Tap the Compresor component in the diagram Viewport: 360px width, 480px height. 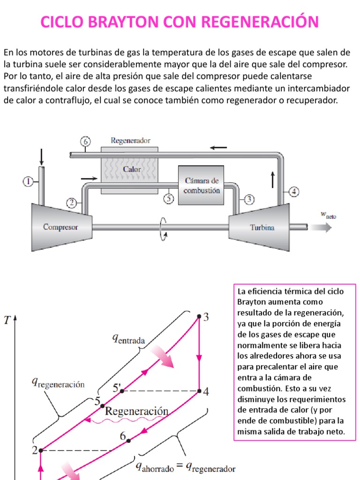click(x=60, y=227)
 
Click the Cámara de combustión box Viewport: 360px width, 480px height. click(x=202, y=186)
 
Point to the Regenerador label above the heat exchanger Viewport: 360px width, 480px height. click(x=130, y=140)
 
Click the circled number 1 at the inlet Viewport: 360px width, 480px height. click(x=28, y=181)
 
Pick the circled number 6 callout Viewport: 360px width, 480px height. click(x=85, y=142)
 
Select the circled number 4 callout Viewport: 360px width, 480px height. click(x=293, y=191)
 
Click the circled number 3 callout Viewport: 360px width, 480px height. click(x=249, y=200)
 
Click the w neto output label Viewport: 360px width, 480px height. click(x=328, y=215)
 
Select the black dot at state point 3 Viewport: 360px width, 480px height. click(x=199, y=317)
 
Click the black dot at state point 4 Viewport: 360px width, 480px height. click(x=199, y=390)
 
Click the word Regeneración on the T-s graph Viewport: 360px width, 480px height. click(x=136, y=411)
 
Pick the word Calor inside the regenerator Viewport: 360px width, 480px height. click(x=132, y=169)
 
